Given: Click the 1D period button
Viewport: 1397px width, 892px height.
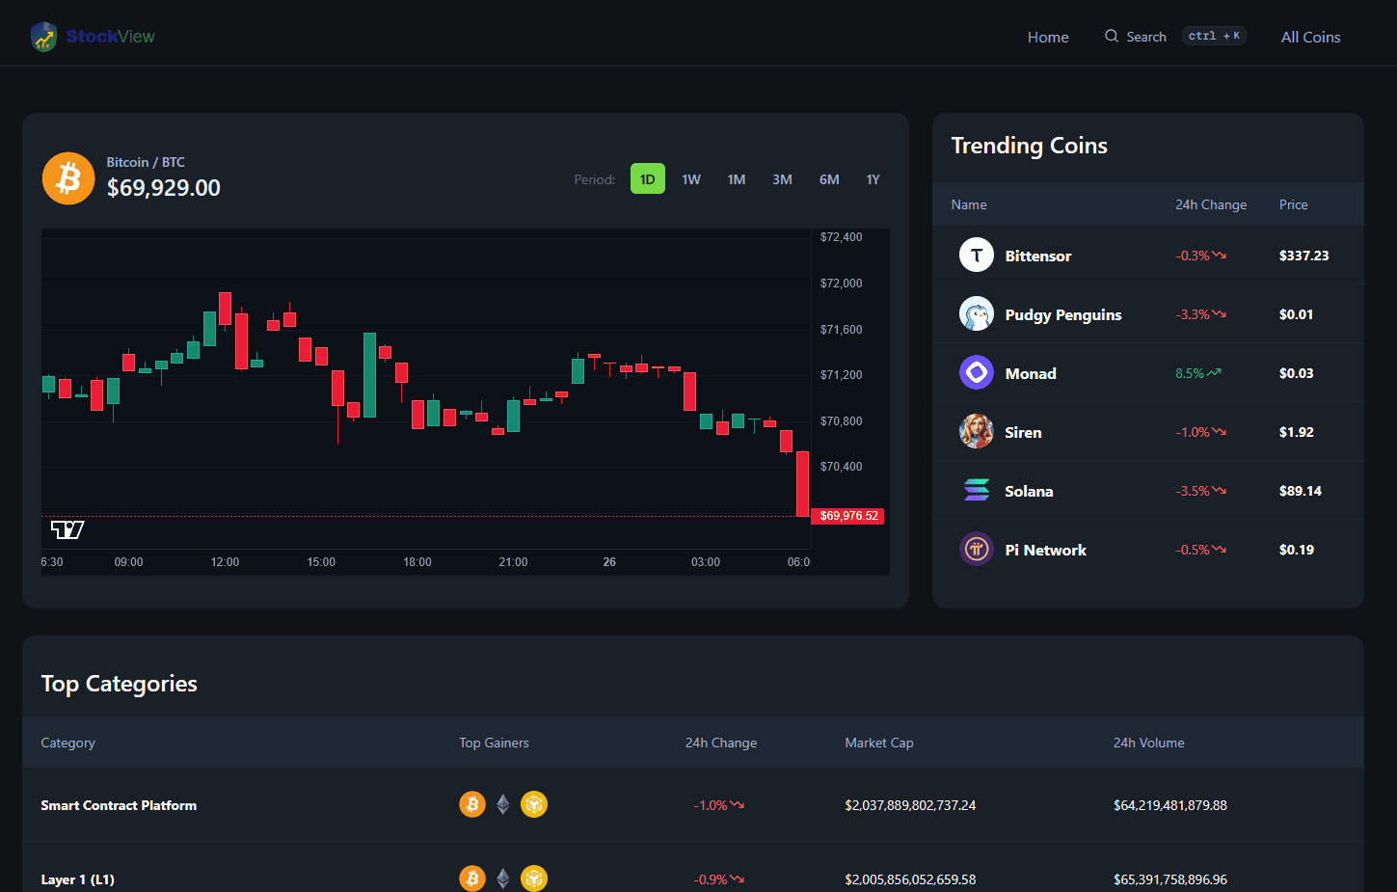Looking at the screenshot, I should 647,179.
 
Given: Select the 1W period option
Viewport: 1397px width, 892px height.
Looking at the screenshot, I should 691,179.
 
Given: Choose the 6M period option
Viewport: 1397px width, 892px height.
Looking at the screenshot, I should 829,179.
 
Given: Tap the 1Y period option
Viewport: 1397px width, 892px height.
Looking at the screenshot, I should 873,179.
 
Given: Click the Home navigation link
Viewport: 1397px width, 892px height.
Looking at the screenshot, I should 1048,37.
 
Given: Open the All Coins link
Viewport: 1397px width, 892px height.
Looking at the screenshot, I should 1310,37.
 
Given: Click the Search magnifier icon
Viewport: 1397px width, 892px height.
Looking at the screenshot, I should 1112,36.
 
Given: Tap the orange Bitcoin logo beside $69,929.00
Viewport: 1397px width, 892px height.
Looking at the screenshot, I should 68,178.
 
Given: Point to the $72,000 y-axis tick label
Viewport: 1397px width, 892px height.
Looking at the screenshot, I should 841,284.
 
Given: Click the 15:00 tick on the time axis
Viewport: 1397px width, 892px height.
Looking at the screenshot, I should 321,562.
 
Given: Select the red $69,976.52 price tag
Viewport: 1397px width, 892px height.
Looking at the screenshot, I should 848,516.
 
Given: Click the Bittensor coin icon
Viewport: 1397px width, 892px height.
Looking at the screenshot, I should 976,255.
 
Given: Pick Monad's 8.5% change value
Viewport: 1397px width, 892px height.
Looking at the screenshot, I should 1190,373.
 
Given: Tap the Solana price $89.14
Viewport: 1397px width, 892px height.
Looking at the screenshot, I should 1300,491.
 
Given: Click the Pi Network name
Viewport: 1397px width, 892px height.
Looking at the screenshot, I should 1045,550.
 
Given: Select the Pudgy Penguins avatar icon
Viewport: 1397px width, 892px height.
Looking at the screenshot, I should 976,313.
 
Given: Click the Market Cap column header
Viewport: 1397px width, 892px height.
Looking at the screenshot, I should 878,743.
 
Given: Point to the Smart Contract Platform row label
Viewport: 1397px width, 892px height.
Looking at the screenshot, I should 119,805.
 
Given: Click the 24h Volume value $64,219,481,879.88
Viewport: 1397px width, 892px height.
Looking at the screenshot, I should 1169,805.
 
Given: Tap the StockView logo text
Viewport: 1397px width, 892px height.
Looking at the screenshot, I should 110,37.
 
